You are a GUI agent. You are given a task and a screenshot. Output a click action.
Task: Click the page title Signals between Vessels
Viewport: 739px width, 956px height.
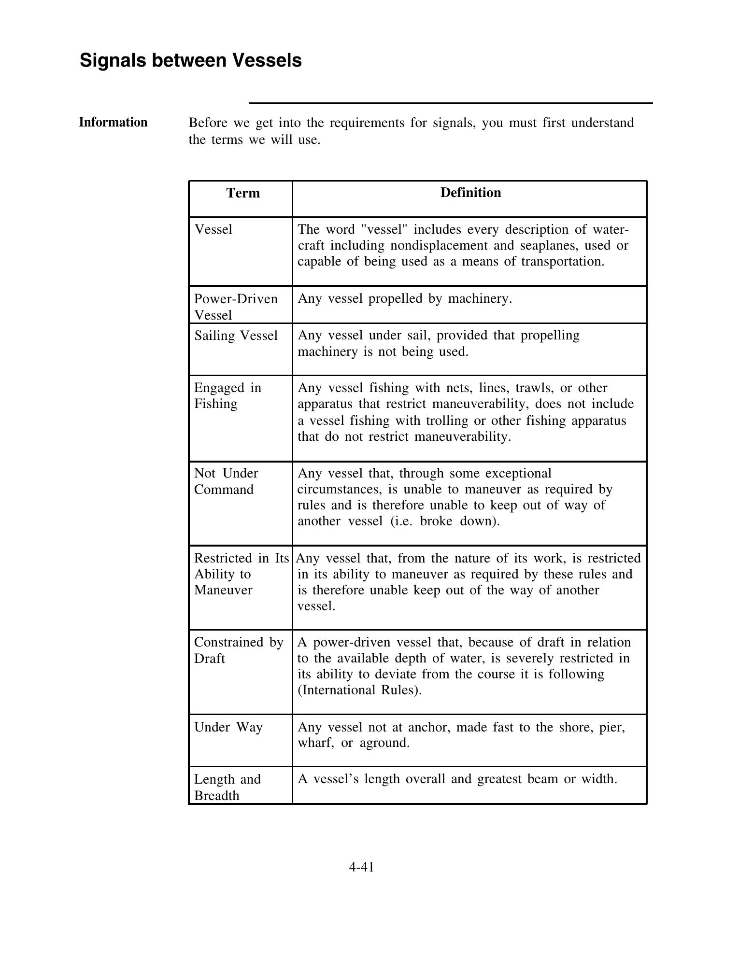click(x=190, y=61)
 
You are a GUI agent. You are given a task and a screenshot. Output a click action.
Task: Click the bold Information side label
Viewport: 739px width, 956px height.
click(x=113, y=122)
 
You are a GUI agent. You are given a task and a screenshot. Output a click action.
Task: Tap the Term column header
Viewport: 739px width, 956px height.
click(x=243, y=193)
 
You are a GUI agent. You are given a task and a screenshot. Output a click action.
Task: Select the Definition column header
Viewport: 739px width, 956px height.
click(x=470, y=193)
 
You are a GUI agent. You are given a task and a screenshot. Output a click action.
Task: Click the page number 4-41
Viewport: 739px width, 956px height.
click(x=361, y=867)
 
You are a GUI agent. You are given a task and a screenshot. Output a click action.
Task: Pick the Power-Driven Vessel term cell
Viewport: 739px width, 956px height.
click(x=236, y=307)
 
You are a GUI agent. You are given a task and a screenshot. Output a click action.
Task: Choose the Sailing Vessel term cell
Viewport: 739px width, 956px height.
click(x=236, y=336)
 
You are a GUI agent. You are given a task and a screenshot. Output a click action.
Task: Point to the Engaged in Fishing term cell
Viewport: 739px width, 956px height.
click(x=227, y=396)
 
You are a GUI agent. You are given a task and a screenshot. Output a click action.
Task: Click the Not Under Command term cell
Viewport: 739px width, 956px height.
click(x=226, y=481)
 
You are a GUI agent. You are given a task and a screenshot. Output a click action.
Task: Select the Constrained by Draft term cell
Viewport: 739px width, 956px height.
click(x=238, y=650)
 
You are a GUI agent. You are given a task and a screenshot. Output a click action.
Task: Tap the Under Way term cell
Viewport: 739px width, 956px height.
click(x=228, y=727)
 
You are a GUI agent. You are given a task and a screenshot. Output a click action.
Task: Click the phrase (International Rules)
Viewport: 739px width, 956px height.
click(x=359, y=690)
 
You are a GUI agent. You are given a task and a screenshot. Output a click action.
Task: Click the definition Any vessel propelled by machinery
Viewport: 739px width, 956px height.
click(x=404, y=299)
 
